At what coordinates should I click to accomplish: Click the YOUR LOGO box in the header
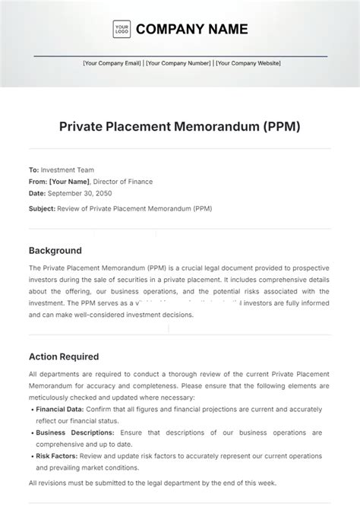(122, 30)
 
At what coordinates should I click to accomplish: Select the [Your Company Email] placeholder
(112, 64)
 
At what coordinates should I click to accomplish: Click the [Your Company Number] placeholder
(178, 64)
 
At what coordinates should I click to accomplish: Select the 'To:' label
(33, 170)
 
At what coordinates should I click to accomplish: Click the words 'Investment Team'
(67, 170)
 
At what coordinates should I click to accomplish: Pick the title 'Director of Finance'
(123, 182)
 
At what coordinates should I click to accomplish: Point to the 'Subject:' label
(42, 207)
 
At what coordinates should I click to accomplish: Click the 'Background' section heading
(55, 250)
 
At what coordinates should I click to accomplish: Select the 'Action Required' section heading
(64, 356)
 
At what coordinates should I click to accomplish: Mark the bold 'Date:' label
(37, 193)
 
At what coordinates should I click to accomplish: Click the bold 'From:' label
(38, 182)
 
